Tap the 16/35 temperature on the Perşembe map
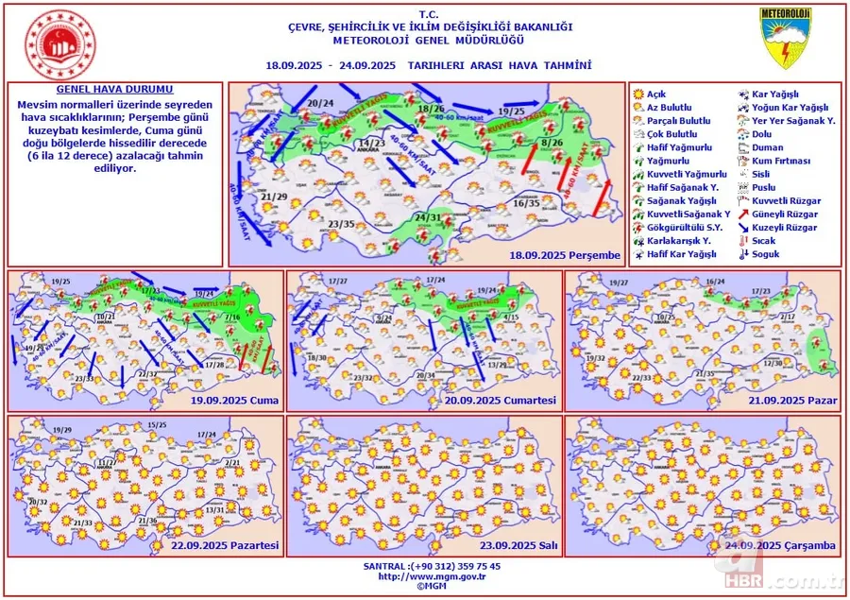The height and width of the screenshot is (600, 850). click(x=527, y=203)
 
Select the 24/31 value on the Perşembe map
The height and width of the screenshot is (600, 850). click(x=428, y=218)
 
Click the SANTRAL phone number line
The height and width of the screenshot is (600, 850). click(x=424, y=565)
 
